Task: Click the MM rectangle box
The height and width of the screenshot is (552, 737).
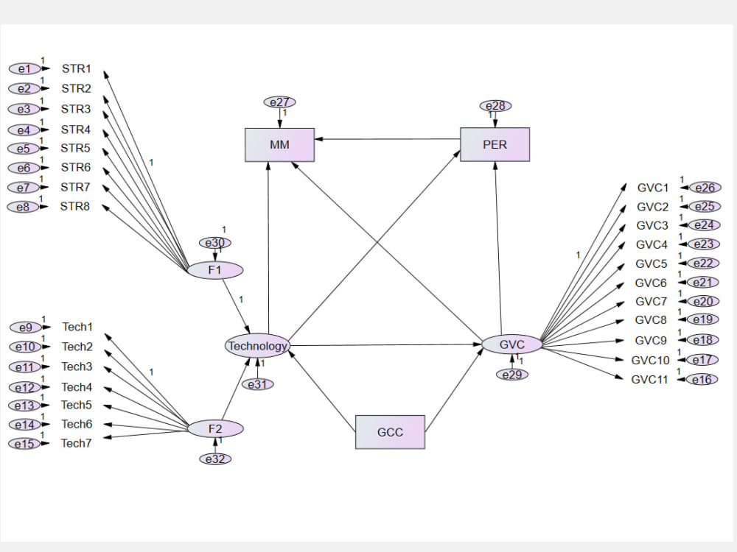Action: coord(279,145)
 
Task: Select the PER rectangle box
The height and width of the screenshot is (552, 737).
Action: coord(495,145)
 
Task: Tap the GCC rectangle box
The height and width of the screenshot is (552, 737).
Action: coord(390,432)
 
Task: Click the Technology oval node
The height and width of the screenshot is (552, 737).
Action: coord(257,346)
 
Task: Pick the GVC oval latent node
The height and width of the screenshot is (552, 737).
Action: coord(511,344)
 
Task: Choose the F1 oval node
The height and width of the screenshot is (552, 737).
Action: coord(214,270)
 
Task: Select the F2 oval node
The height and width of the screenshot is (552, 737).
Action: coord(214,428)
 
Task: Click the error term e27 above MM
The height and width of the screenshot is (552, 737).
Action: coord(279,102)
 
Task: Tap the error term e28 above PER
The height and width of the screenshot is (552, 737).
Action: coord(495,106)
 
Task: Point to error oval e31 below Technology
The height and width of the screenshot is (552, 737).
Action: coord(257,384)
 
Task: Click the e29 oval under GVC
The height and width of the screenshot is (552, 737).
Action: coord(511,375)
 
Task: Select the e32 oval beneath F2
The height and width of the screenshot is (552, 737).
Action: coord(214,459)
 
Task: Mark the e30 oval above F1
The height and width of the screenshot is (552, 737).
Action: coord(214,243)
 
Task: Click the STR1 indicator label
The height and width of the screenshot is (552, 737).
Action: coord(76,68)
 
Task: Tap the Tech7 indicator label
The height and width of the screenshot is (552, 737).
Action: coord(76,443)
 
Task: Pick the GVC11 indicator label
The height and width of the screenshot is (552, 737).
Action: coord(650,380)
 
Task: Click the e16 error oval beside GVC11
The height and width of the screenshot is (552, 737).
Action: coord(702,380)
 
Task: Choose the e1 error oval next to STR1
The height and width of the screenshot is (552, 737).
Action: coord(24,68)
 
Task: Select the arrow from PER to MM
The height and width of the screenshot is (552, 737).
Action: coord(387,139)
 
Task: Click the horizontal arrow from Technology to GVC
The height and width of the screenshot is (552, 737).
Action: coord(383,344)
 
